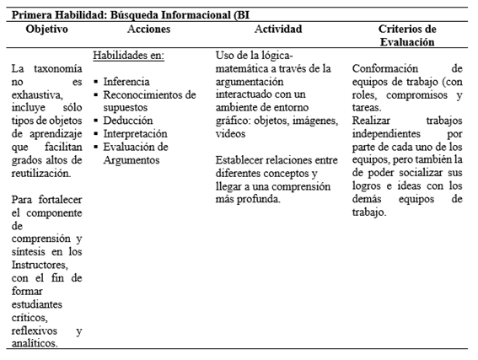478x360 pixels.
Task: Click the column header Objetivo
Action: [x=47, y=30]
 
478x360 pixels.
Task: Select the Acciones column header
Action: [x=148, y=30]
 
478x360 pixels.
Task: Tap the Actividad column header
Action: [x=278, y=30]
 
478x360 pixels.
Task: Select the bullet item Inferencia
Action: [x=127, y=82]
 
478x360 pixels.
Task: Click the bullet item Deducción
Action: [x=128, y=121]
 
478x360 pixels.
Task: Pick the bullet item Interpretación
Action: [x=136, y=133]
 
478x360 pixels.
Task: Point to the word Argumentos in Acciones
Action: [x=132, y=159]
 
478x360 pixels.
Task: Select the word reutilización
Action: [x=40, y=173]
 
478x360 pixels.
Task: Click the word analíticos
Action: [x=35, y=343]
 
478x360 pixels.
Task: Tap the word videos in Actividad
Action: [x=232, y=134]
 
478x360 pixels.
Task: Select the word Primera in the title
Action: [x=33, y=12]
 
